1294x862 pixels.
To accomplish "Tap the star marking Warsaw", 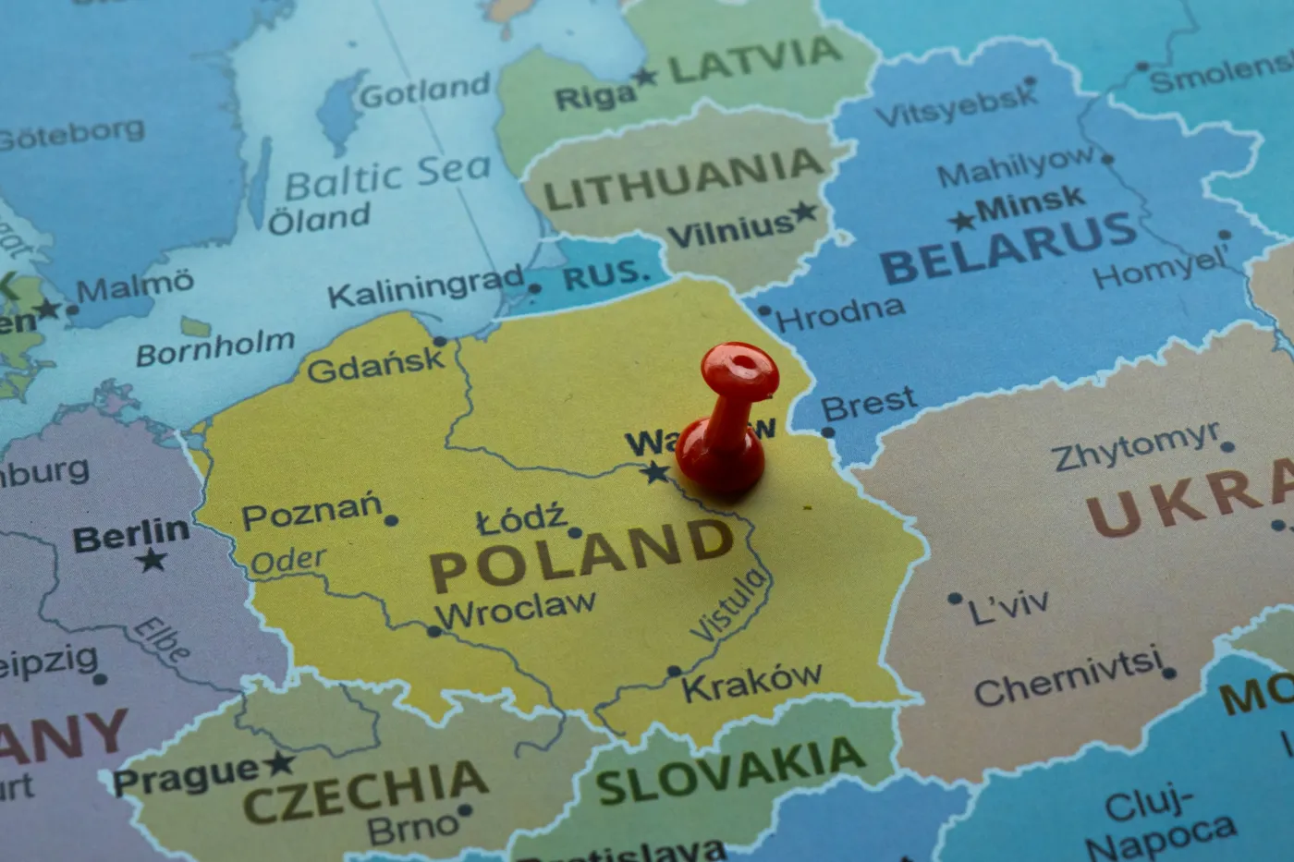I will [x=656, y=473].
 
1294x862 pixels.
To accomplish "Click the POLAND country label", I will [x=580, y=552].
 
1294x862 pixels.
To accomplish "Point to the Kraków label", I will [x=751, y=682].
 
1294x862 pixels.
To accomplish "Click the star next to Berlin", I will [x=152, y=560].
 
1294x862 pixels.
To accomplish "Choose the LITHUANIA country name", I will [x=682, y=181].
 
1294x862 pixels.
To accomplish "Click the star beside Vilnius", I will [x=804, y=212].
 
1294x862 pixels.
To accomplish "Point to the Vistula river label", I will [x=729, y=606].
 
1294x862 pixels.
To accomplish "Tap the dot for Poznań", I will [x=391, y=521].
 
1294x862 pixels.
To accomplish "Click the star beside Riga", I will [x=645, y=77].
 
